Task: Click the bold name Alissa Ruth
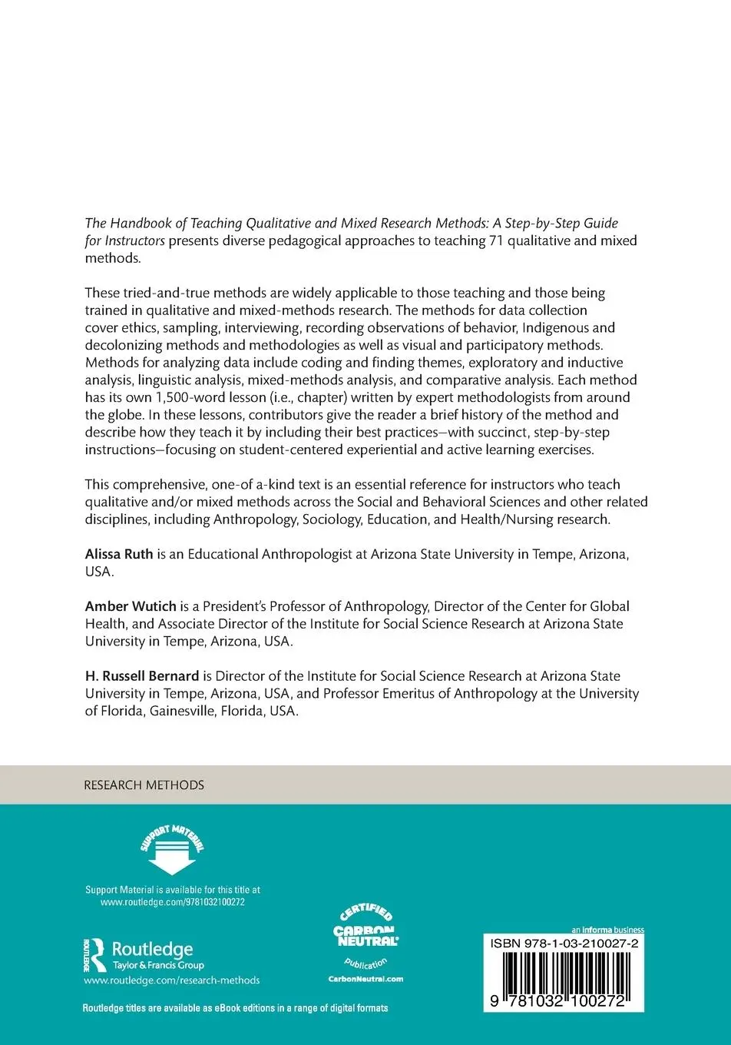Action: point(119,554)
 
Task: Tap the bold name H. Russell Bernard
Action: point(142,676)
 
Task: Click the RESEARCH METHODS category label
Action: point(144,785)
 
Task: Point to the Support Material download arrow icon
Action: point(172,851)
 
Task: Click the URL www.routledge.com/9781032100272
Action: point(172,902)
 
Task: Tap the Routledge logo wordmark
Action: point(152,950)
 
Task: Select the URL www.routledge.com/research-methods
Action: point(171,980)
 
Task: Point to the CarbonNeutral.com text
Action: point(365,979)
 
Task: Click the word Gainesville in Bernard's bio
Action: point(181,711)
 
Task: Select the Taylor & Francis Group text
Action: point(158,965)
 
